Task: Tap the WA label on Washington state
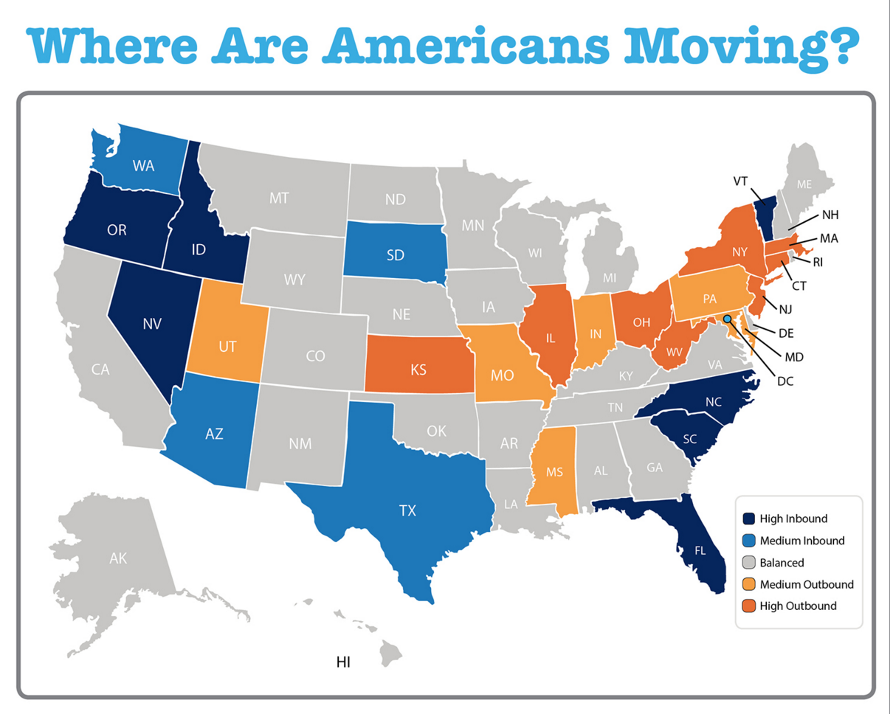tap(143, 166)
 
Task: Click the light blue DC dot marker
tap(727, 319)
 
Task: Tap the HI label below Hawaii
tap(343, 662)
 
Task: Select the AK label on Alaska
tap(118, 558)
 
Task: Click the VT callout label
tap(742, 181)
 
